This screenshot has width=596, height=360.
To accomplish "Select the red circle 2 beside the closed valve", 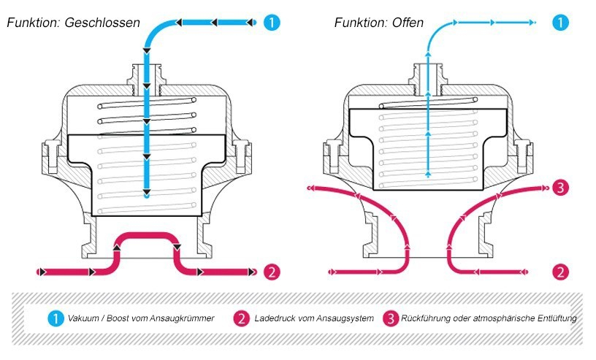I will [x=271, y=272].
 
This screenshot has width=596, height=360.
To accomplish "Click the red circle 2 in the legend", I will [x=241, y=318].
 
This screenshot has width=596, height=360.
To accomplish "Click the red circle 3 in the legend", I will [x=391, y=318].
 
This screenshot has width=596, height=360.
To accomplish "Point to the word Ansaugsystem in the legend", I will [x=348, y=318].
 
